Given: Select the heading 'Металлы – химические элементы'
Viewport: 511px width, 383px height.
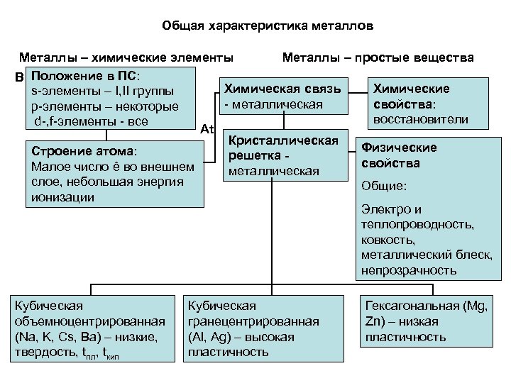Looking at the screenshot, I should (x=126, y=57).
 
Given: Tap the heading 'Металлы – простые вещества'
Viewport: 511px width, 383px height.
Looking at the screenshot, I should (x=378, y=57).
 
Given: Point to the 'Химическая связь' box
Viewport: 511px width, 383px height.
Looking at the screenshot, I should (x=282, y=96).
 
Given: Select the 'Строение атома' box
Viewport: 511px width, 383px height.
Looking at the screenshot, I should (x=114, y=174).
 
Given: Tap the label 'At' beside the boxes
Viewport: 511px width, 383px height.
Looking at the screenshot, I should (x=208, y=129).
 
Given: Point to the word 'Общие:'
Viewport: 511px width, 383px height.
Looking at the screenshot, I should (x=384, y=185).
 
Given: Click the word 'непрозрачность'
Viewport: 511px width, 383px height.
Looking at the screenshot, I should (x=408, y=270).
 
